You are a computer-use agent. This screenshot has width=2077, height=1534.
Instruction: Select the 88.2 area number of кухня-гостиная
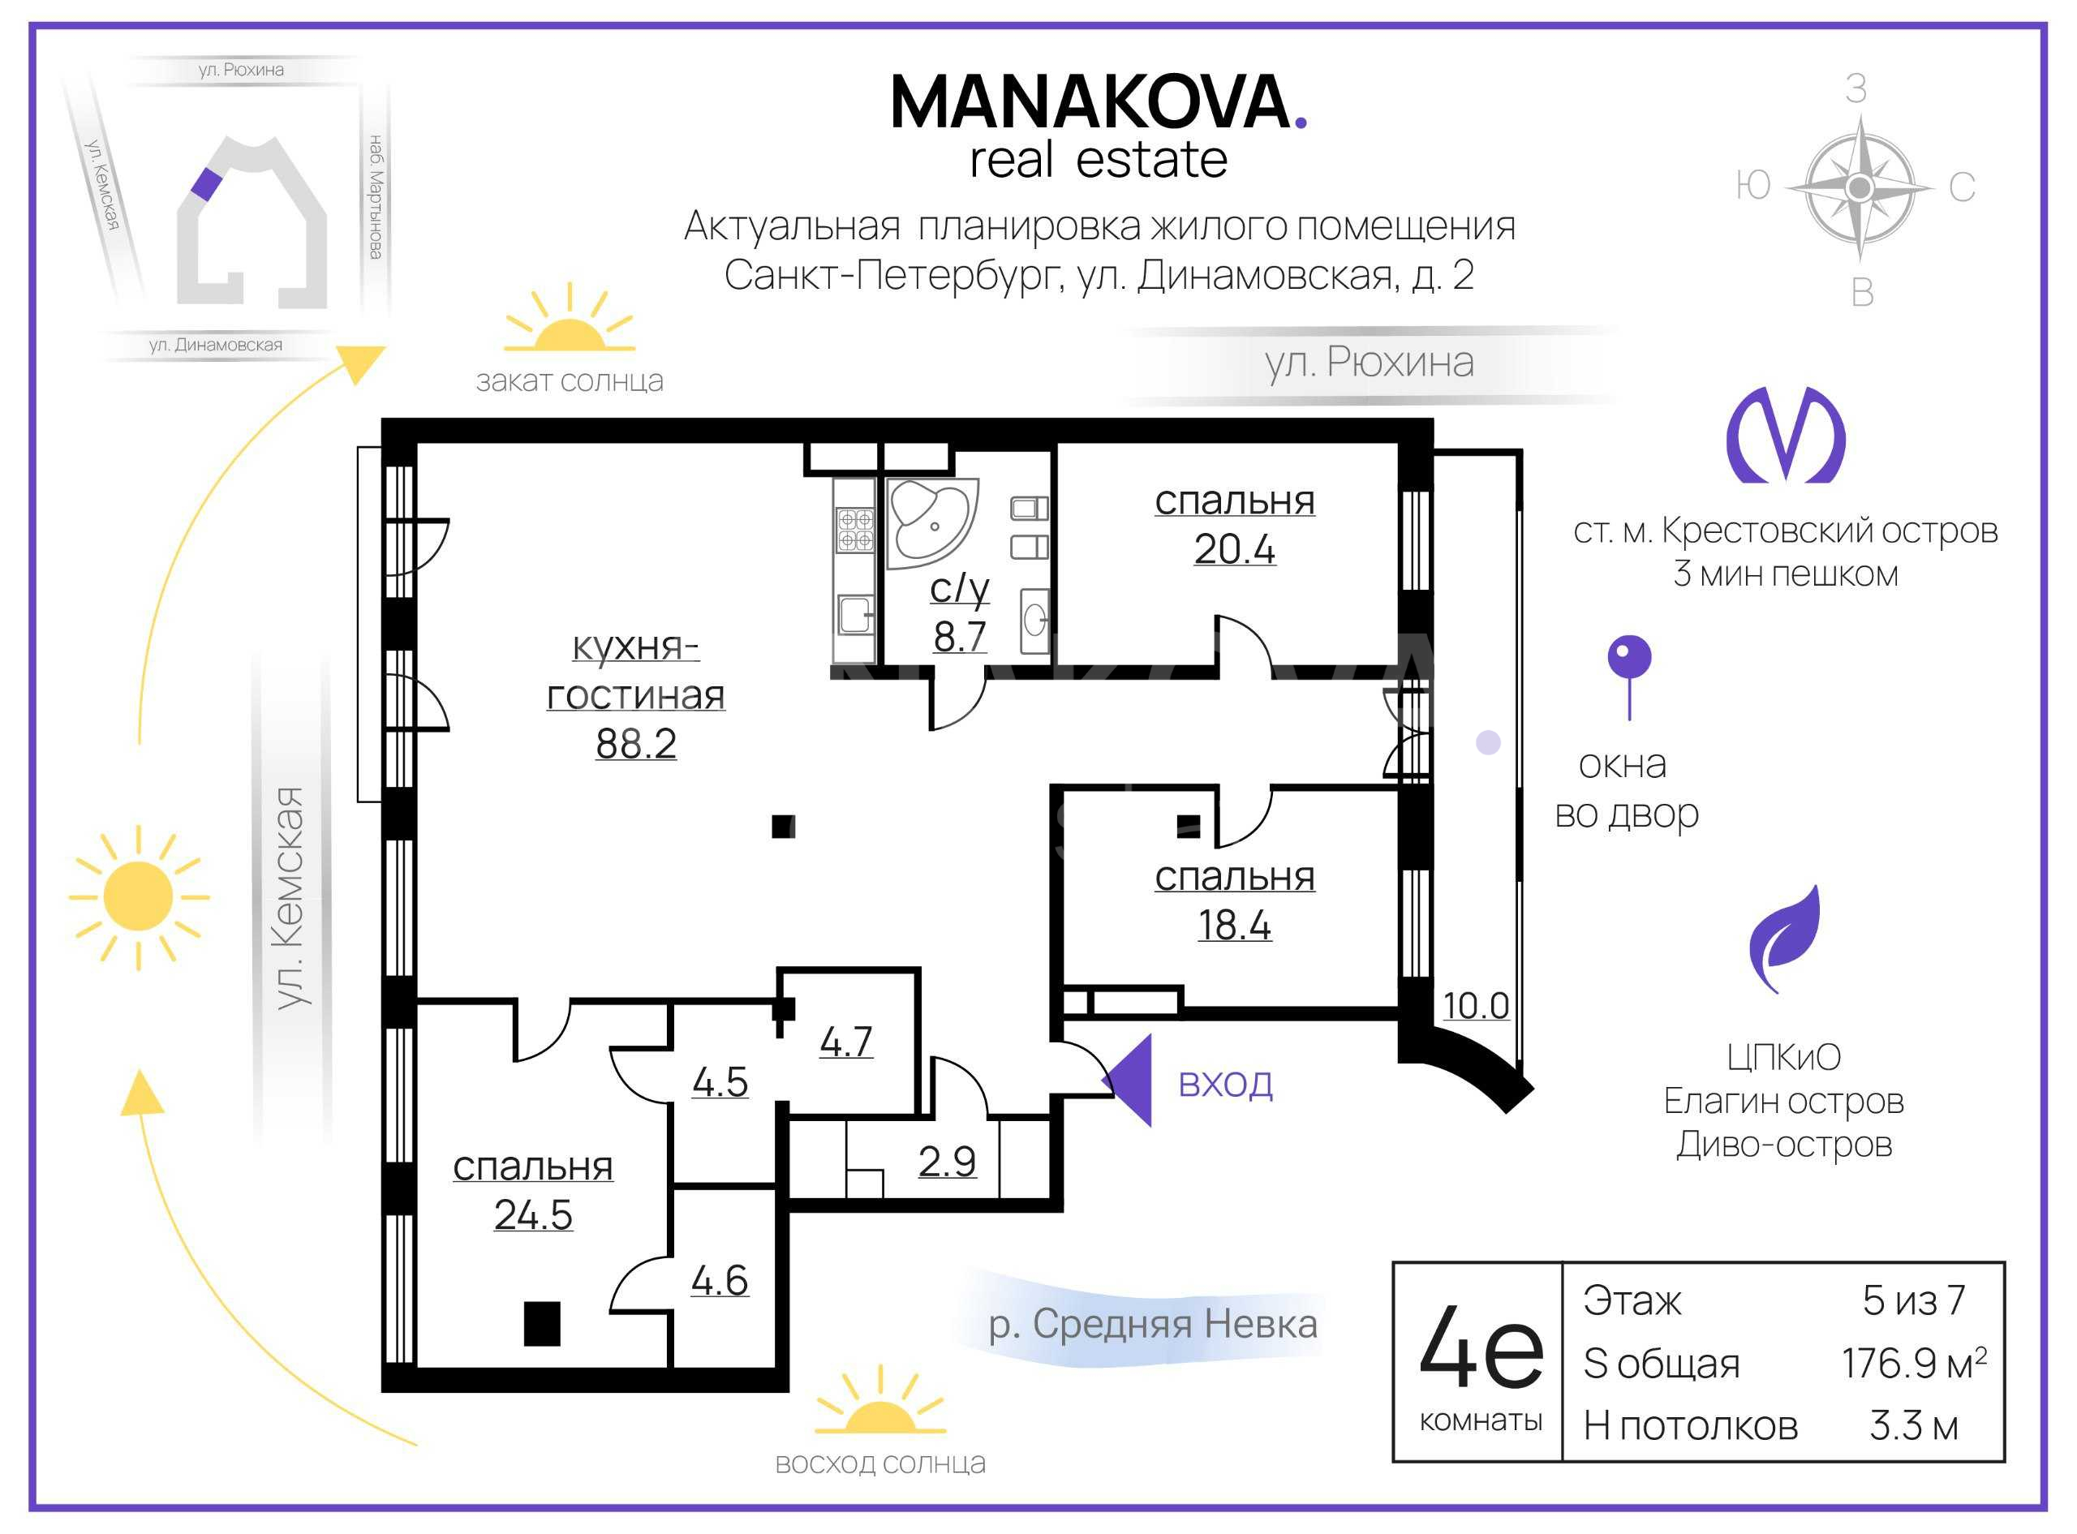tap(636, 744)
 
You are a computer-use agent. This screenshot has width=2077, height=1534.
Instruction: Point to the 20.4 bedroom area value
tap(1234, 549)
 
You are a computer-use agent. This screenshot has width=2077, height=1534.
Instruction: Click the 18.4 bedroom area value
tap(1234, 925)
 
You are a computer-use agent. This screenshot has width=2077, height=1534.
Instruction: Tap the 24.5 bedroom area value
tap(533, 1214)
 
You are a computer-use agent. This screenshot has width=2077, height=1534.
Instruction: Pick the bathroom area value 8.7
tap(960, 637)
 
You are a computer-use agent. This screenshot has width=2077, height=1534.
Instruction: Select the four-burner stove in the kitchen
tap(855, 529)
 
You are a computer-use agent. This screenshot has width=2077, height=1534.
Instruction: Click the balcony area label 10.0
tap(1475, 1006)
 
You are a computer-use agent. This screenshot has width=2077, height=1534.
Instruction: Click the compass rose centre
tap(1859, 187)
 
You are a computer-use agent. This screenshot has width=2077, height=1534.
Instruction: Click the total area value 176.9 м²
tap(1915, 1363)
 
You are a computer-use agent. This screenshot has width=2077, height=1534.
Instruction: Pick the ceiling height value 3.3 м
tap(1915, 1425)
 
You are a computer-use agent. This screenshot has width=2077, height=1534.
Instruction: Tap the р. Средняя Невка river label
tap(1152, 1324)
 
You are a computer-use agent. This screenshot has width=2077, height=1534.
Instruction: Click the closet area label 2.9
tap(947, 1162)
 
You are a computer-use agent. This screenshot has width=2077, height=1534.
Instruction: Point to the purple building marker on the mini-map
tap(206, 184)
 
